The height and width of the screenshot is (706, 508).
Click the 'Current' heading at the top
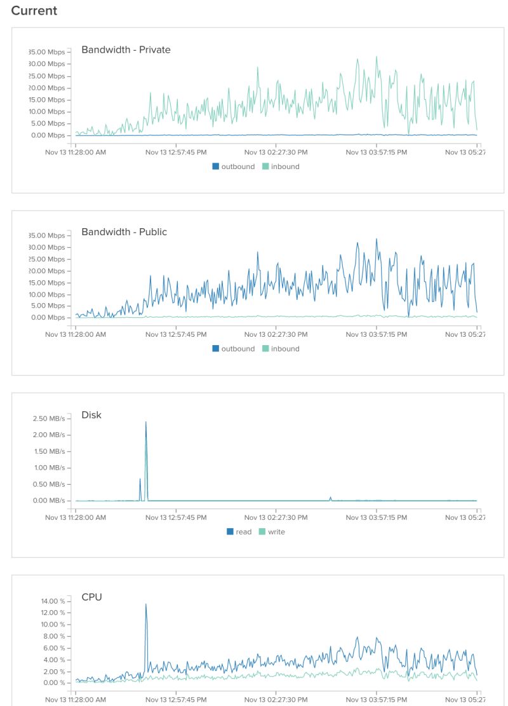(x=34, y=11)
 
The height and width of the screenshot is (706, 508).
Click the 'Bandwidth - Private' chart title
(x=126, y=50)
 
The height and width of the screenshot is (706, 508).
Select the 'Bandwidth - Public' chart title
(x=124, y=232)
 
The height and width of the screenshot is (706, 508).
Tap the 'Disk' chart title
(x=91, y=415)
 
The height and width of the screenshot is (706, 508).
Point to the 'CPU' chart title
(x=91, y=597)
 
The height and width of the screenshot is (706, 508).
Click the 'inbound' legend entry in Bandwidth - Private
(x=281, y=166)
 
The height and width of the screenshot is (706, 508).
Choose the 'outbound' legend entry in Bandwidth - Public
(x=233, y=349)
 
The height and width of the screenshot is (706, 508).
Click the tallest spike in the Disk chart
(x=146, y=423)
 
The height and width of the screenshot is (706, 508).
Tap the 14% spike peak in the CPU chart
(x=146, y=604)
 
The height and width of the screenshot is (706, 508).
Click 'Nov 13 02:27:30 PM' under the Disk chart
(x=276, y=517)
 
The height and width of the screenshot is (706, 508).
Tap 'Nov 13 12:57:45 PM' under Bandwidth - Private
(x=176, y=153)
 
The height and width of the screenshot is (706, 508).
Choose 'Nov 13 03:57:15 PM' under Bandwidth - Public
(x=377, y=334)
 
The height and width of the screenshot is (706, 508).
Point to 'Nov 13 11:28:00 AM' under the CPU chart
(x=76, y=700)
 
